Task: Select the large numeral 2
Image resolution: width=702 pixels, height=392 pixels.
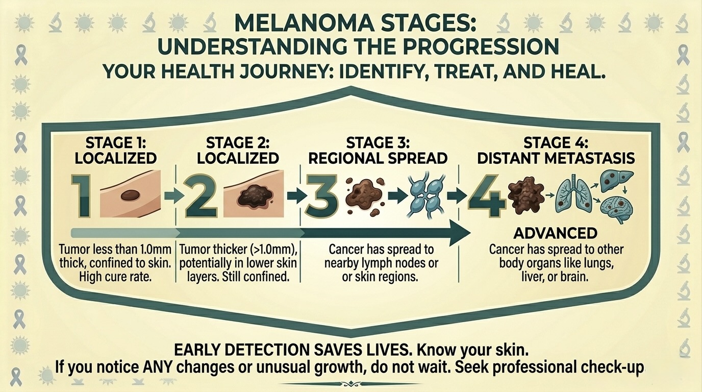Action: [x=202, y=196]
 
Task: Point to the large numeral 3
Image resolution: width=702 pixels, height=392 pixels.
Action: [x=322, y=196]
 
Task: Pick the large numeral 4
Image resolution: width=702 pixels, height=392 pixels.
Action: [x=487, y=196]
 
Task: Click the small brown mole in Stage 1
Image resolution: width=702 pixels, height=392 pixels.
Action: [x=130, y=195]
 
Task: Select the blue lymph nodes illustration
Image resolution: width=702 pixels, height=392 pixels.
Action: [x=425, y=194]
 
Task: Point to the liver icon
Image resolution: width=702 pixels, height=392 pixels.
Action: [x=616, y=181]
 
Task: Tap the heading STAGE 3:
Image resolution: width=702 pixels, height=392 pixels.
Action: [x=378, y=143]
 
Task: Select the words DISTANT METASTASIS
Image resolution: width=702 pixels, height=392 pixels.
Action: [x=556, y=158]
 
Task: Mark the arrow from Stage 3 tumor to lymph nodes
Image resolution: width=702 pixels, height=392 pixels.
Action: [x=397, y=195]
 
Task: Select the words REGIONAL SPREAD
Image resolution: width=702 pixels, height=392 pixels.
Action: [x=378, y=158]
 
